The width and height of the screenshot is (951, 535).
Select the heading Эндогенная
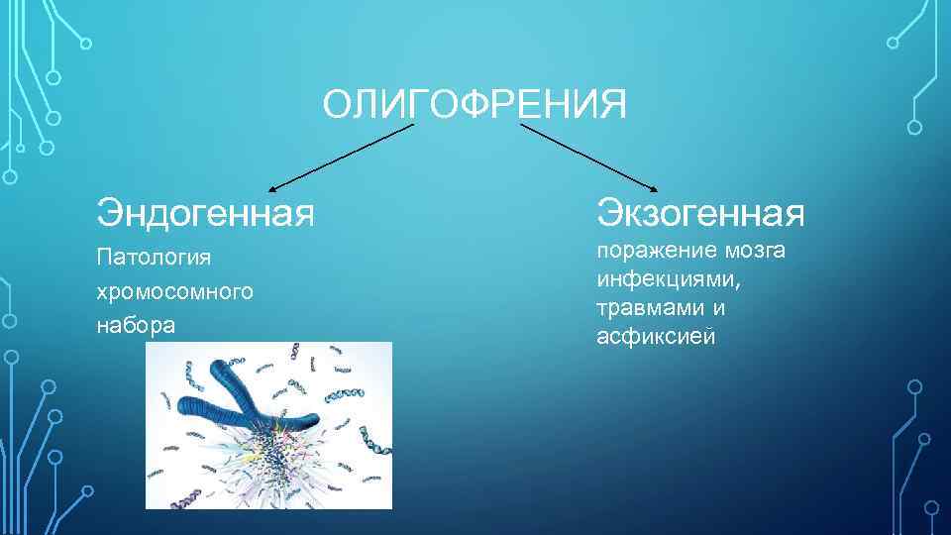pyautogui.click(x=205, y=210)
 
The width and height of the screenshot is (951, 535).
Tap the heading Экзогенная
pyautogui.click(x=700, y=210)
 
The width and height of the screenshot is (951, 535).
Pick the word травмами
pyautogui.click(x=645, y=308)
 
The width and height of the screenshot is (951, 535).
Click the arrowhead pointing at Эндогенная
pyautogui.click(x=272, y=186)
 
